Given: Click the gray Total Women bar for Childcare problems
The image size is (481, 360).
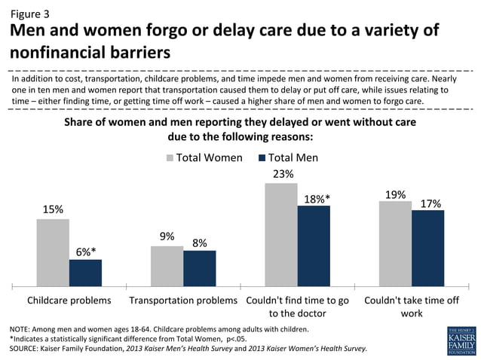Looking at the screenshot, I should [53, 252].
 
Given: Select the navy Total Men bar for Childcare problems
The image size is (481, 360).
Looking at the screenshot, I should [85, 273].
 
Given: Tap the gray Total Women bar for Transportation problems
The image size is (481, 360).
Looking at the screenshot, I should [167, 266].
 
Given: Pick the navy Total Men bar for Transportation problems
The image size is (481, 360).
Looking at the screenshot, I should [199, 268].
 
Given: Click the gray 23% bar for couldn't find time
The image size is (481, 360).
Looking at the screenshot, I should [281, 234].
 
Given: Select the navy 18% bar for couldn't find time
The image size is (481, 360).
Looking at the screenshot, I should [314, 246].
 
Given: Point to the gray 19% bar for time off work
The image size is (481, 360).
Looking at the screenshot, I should [395, 243].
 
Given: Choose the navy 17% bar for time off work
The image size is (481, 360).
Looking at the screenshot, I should [427, 248].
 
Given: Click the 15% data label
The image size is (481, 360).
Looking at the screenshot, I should [53, 209].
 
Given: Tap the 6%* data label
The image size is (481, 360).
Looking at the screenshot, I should [85, 251].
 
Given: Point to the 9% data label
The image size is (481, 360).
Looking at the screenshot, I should [167, 236].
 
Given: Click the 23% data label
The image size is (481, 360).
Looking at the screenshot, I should [281, 173].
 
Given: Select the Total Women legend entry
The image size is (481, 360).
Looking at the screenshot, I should [204, 157].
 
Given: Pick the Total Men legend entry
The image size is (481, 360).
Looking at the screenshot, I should [288, 157].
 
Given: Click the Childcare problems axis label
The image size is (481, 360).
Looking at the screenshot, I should [69, 300].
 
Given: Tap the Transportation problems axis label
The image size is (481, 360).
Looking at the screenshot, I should [183, 300].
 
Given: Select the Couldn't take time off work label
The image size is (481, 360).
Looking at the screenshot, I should [411, 306].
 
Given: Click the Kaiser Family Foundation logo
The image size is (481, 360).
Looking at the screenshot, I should [461, 340].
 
